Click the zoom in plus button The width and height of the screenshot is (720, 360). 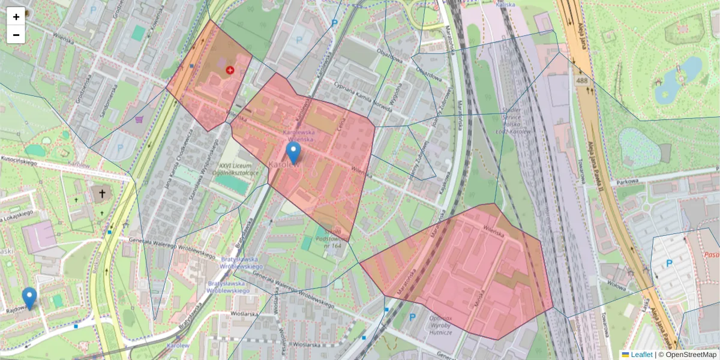point(16,17)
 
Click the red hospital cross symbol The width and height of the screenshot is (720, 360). point(230,70)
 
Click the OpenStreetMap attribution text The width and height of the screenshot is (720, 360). point(690,355)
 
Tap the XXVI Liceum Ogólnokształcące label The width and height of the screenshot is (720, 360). point(238,169)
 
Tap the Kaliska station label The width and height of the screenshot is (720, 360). point(506,4)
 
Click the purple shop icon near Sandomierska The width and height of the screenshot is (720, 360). point(139,119)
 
